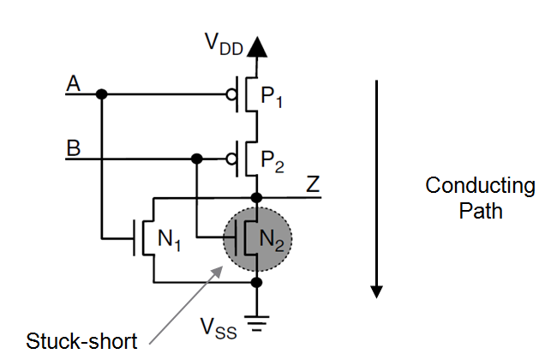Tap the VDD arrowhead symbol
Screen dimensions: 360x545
[255, 47]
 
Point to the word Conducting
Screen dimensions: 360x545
[481, 186]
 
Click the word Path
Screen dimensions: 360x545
[481, 211]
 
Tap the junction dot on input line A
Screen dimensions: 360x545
[101, 93]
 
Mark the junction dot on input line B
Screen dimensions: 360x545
[197, 158]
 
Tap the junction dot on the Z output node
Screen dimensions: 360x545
[255, 197]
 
